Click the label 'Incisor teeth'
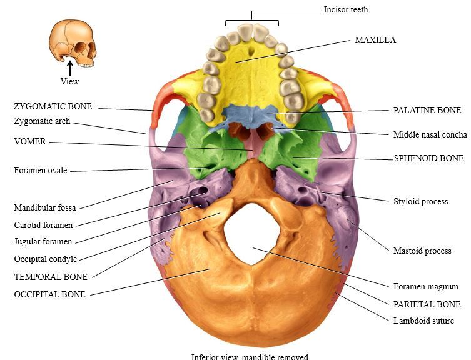[x=346, y=10]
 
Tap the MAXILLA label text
[x=375, y=40]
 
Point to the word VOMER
[x=30, y=142]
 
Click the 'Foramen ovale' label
[x=40, y=170]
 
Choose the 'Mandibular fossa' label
[x=44, y=208]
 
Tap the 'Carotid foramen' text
[x=43, y=225]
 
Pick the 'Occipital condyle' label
[x=46, y=259]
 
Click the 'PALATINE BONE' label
[x=427, y=110]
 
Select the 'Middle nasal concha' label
[x=430, y=134]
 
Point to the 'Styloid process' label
[x=420, y=201]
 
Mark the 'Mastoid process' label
[x=422, y=251]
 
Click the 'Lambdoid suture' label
[x=423, y=321]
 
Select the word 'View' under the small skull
[x=69, y=81]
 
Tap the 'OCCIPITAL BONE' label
[x=49, y=294]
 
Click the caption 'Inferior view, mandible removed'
[x=250, y=357]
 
